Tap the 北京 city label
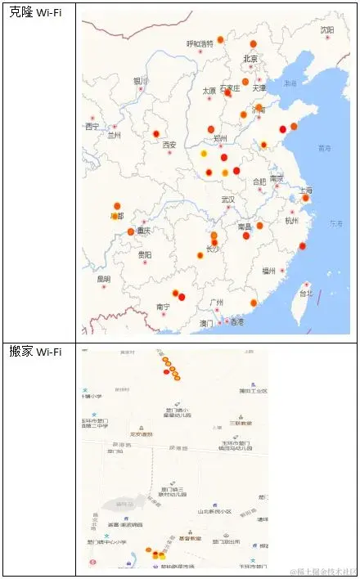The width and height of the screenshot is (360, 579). (250, 59)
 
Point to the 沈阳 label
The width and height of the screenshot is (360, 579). (327, 30)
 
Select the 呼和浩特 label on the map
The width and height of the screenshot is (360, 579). (200, 44)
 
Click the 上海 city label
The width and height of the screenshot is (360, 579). (305, 191)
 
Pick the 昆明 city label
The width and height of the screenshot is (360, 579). (103, 279)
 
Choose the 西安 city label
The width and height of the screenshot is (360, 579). (169, 145)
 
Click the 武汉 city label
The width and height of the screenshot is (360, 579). (227, 200)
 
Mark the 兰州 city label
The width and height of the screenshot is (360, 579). (114, 137)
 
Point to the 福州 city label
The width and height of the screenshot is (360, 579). (269, 271)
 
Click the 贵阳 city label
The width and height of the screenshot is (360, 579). (144, 255)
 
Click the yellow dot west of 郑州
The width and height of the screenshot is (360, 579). (204, 154)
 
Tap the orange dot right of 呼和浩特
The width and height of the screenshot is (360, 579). (221, 39)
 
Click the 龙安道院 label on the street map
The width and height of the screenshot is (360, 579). (142, 433)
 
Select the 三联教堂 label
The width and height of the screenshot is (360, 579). (240, 423)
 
